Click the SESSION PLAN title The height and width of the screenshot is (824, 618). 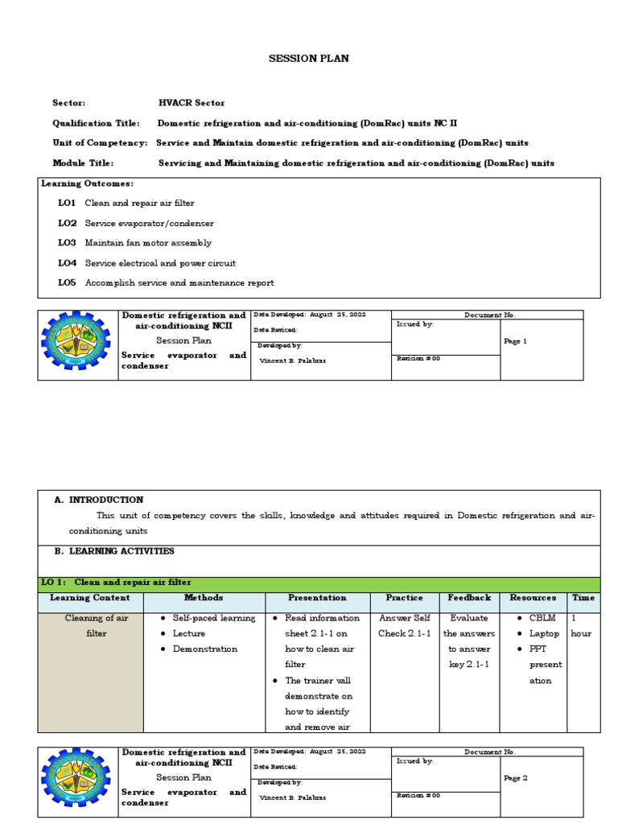(308, 59)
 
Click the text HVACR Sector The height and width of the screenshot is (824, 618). (192, 103)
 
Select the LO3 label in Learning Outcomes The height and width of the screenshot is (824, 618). (67, 243)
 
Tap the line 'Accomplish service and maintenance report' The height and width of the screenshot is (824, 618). (179, 283)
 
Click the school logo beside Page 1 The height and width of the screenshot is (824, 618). (77, 344)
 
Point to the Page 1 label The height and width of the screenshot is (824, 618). (515, 341)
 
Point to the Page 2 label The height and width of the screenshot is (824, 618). (515, 778)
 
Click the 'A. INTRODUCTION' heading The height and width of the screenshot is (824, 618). (99, 500)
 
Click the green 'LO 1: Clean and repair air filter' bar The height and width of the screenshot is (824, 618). (319, 583)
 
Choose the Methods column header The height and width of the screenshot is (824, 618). (204, 599)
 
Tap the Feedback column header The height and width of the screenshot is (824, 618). (469, 599)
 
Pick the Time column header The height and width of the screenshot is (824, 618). (583, 599)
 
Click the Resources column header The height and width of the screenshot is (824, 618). (533, 599)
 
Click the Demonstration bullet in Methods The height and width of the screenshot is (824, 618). (205, 649)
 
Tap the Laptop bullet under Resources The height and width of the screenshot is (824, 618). (544, 634)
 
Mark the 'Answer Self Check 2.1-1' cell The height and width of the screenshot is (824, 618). (405, 626)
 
